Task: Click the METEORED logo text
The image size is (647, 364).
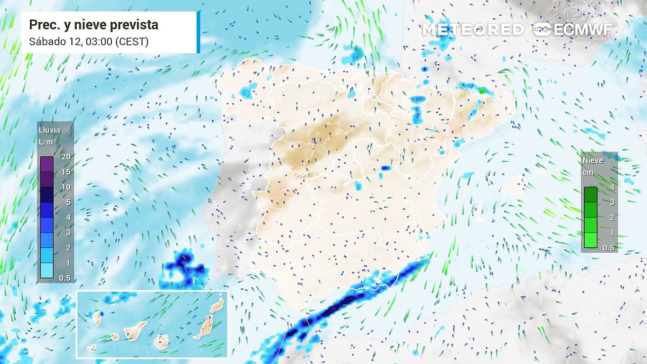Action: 473,30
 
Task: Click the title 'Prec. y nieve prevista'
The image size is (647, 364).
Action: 94,25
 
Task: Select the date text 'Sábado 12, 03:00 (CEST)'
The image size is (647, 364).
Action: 88,41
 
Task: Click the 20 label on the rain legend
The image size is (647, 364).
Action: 66,157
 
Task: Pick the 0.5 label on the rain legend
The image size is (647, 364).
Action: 65,278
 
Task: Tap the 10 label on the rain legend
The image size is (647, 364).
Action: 66,187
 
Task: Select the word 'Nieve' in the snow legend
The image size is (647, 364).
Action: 593,160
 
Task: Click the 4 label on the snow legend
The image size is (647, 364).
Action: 612,187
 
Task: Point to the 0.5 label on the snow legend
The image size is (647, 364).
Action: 609,248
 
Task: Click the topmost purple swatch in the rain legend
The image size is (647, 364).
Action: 47,164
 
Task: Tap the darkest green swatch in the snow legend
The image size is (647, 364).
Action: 590,195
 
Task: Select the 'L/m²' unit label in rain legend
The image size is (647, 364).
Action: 48,143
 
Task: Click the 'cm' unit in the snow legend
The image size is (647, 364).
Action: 588,172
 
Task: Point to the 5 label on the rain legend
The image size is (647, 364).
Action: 67,202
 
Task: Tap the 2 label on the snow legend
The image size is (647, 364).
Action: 612,217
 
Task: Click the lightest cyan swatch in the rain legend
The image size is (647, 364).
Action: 47,270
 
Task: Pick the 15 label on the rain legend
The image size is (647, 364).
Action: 66,172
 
